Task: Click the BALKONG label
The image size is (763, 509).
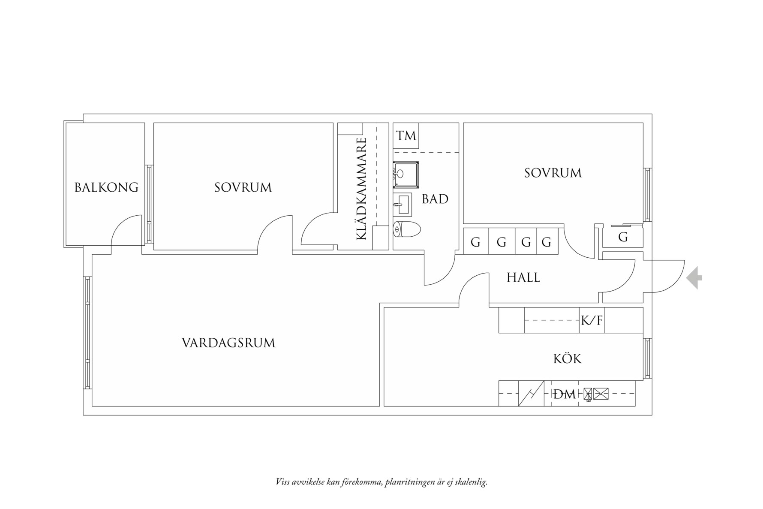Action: click(x=106, y=187)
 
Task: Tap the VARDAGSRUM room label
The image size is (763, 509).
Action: click(x=228, y=343)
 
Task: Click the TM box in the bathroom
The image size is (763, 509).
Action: click(x=406, y=136)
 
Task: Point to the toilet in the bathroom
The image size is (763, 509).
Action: click(x=407, y=229)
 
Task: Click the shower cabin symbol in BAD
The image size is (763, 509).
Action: click(x=406, y=175)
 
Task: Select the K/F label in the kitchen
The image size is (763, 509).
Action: click(x=592, y=320)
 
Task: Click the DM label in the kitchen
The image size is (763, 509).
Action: click(x=564, y=394)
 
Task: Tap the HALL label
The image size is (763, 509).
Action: click(x=523, y=278)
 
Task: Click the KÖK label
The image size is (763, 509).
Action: click(x=567, y=358)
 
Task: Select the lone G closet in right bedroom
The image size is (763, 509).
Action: click(x=623, y=237)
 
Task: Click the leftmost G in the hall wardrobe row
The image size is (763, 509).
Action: click(x=475, y=242)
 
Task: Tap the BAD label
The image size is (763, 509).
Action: click(x=435, y=199)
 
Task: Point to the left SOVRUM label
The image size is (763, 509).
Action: click(x=243, y=187)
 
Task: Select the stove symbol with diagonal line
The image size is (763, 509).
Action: click(x=531, y=393)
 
